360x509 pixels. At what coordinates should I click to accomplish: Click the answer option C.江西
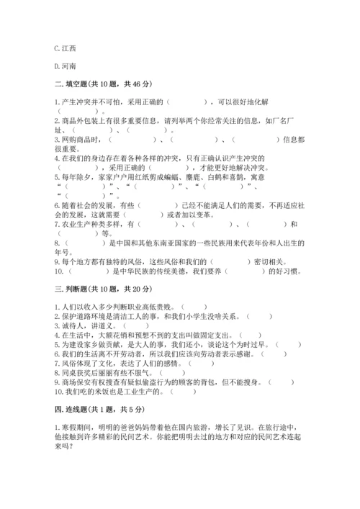click(x=65, y=48)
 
